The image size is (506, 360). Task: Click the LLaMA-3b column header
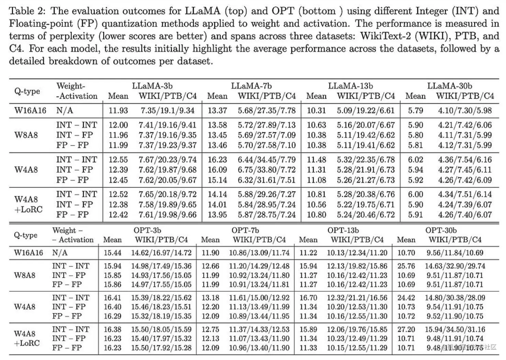[x=152, y=86]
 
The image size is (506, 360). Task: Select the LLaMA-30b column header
[x=449, y=86]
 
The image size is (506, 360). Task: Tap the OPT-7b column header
[x=245, y=230]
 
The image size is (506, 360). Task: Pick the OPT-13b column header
[x=343, y=230]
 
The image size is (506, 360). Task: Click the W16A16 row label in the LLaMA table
[x=30, y=110]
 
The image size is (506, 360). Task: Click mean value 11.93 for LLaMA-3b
[x=118, y=111]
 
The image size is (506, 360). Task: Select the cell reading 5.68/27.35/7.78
[x=267, y=111]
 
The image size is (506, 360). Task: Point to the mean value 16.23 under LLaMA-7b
[x=217, y=160]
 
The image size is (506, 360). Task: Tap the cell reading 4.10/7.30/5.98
[x=465, y=111]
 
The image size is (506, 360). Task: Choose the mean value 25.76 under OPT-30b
[x=406, y=266]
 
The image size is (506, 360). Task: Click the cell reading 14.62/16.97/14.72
[x=161, y=253]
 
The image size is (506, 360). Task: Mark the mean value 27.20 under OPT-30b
[x=406, y=329]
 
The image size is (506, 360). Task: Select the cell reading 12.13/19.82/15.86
[x=357, y=266]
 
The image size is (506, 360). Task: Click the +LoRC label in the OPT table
[x=27, y=343]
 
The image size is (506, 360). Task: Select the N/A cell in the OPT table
[x=60, y=253]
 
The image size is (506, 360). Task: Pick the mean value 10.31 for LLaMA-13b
[x=316, y=111]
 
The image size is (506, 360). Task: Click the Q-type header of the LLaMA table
[x=27, y=91]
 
